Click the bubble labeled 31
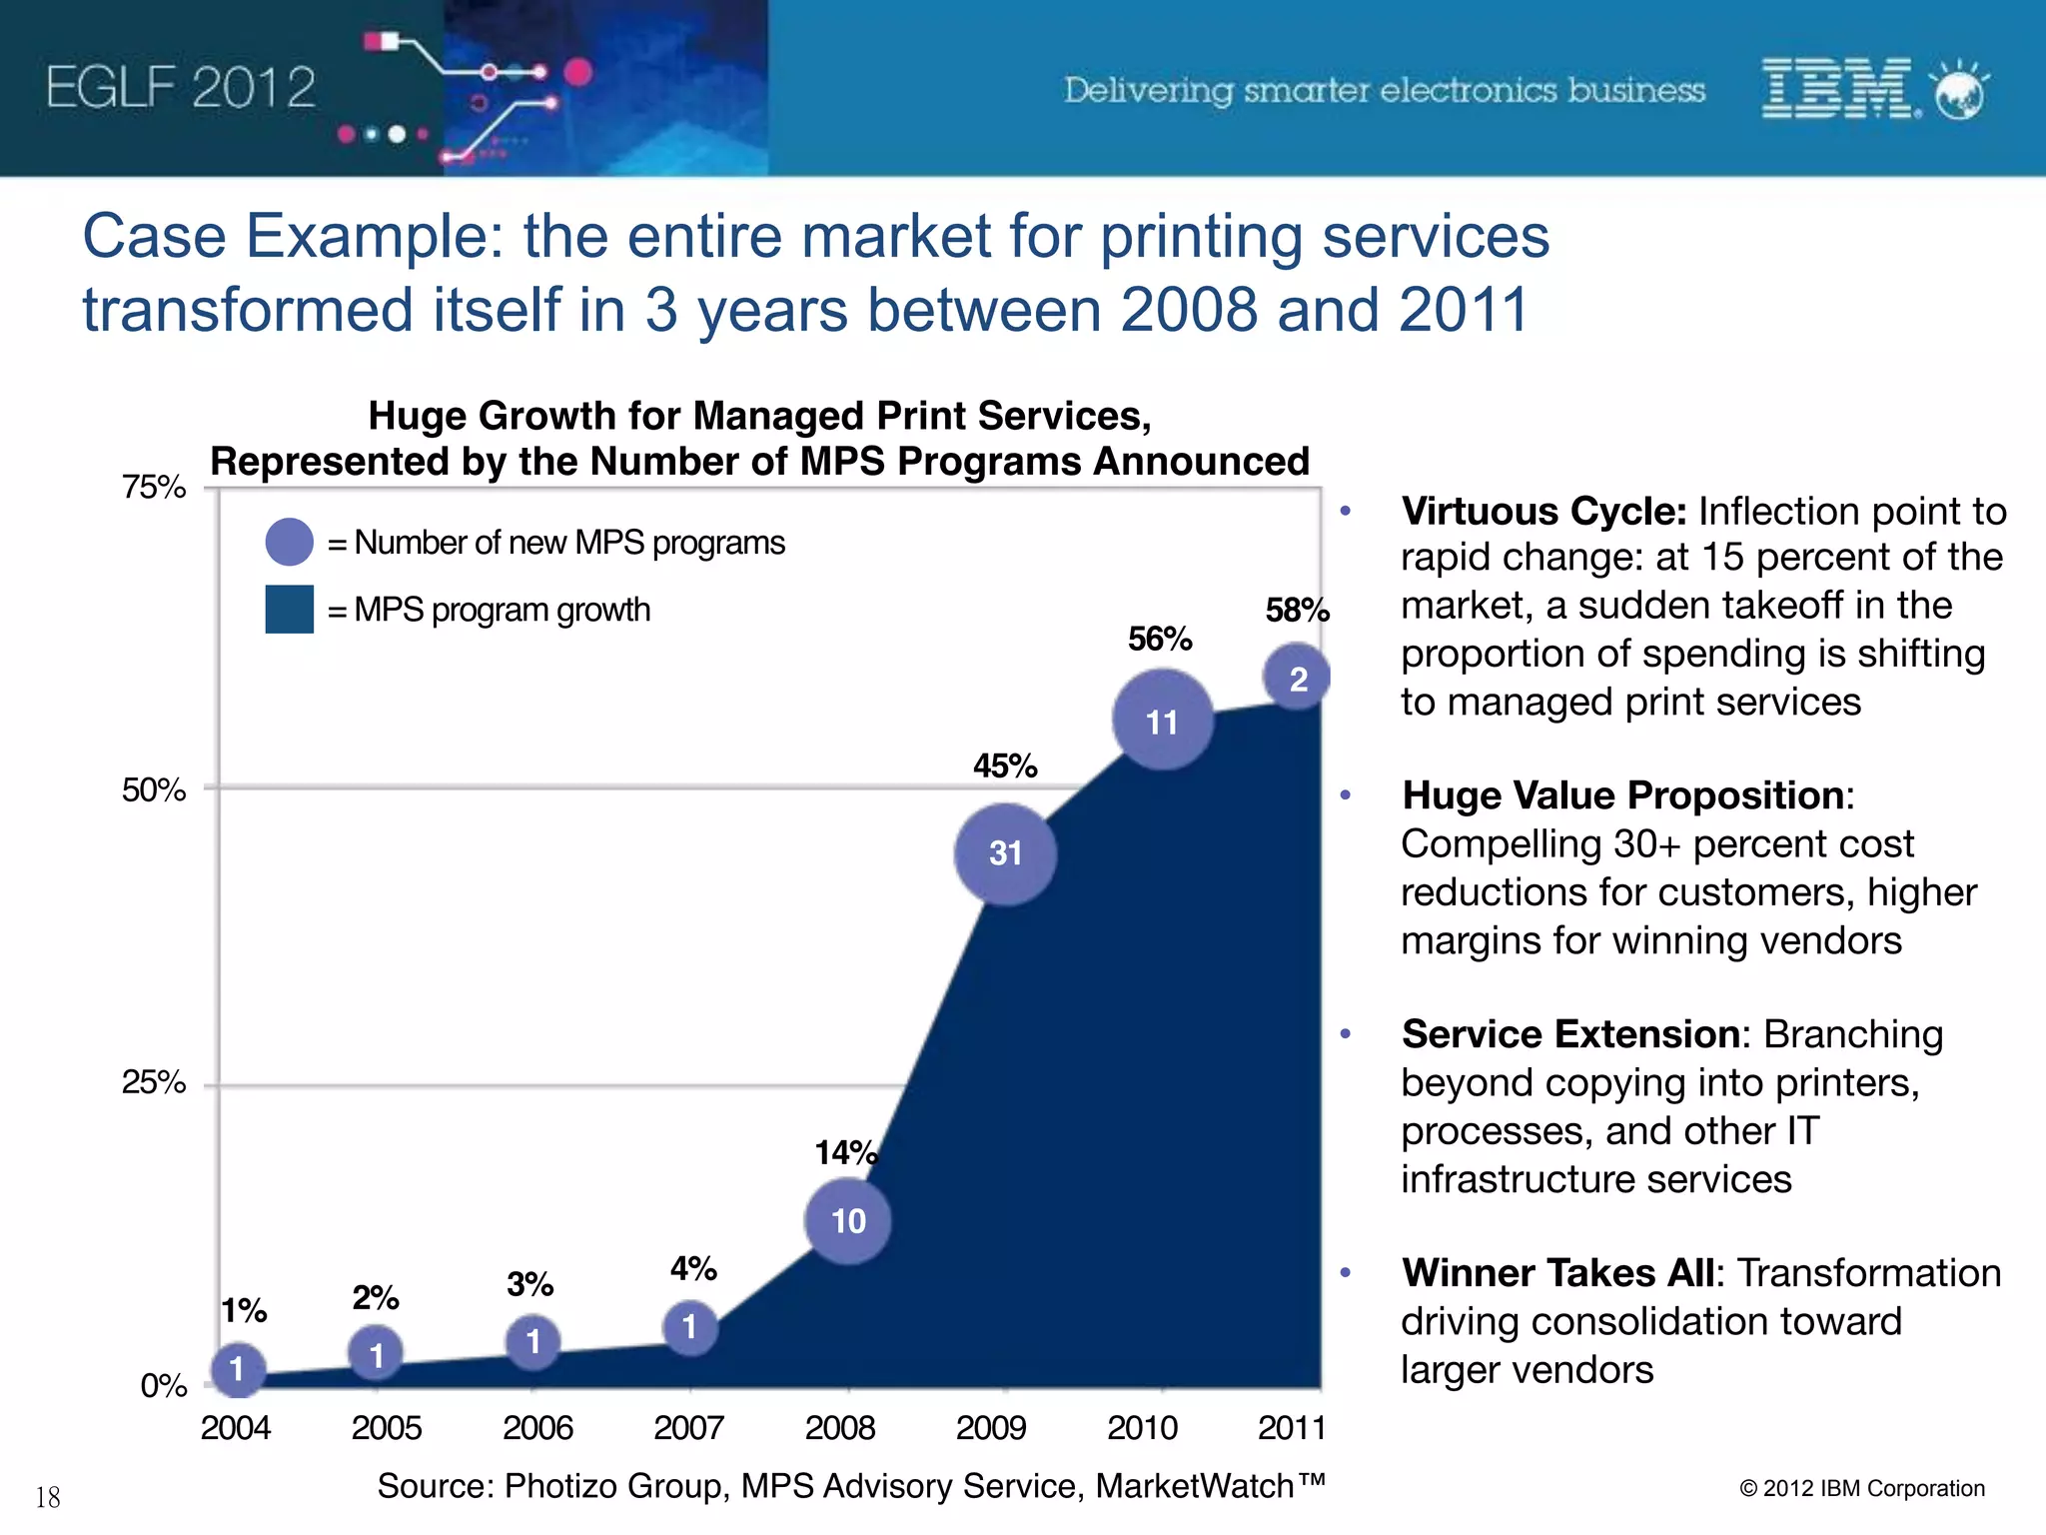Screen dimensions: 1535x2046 click(1005, 853)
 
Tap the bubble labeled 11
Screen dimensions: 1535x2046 click(1162, 721)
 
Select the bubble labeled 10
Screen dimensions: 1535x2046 click(848, 1220)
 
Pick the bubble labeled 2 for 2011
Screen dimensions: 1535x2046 click(1297, 679)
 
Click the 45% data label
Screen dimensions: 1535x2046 click(1005, 767)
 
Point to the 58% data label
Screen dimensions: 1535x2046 click(1297, 610)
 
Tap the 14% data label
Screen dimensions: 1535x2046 click(846, 1153)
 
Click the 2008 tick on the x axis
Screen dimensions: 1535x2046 click(840, 1427)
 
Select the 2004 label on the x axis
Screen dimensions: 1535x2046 click(236, 1427)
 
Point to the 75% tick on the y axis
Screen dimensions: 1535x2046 click(154, 488)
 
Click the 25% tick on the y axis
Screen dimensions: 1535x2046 click(154, 1082)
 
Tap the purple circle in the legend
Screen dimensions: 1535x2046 click(290, 542)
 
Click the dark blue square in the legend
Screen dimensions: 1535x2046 click(290, 610)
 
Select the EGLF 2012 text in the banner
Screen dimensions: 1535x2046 click(181, 88)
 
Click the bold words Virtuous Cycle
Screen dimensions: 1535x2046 click(1543, 512)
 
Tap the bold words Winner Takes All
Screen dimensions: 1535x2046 click(1558, 1273)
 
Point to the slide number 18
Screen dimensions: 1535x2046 click(48, 1497)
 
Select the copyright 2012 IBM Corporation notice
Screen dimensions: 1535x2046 click(1862, 1488)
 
